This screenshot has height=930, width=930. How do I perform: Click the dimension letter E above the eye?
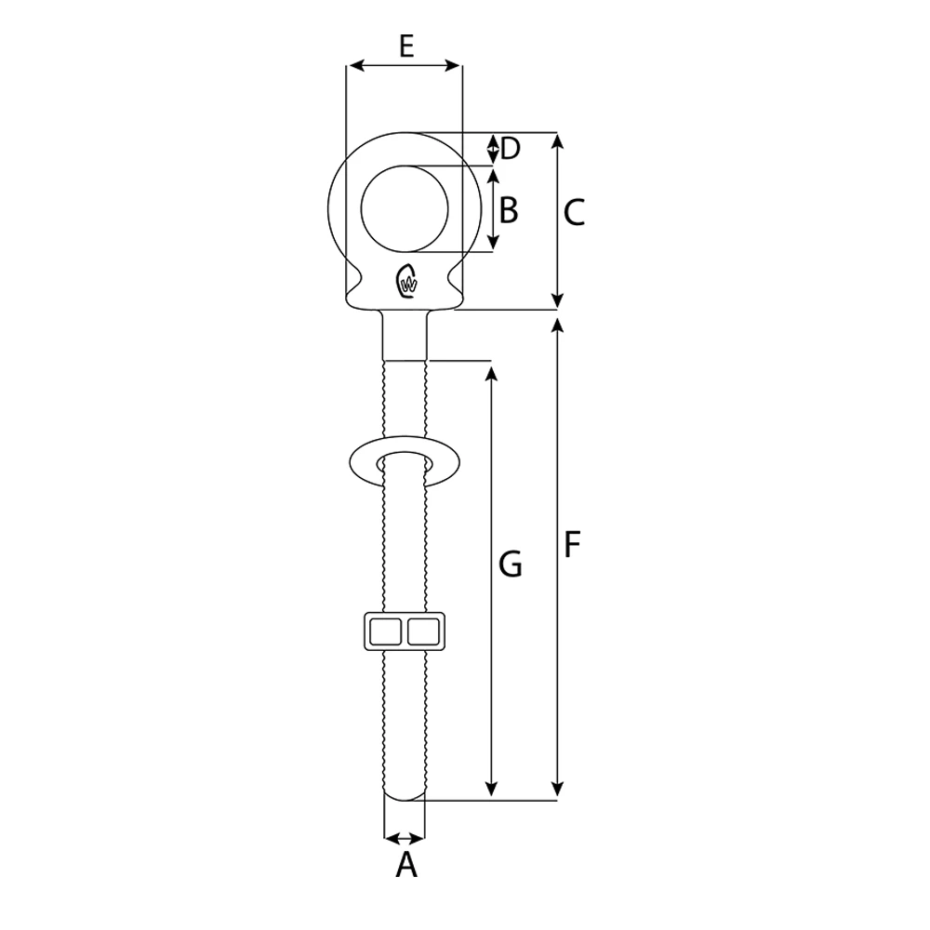pyautogui.click(x=405, y=46)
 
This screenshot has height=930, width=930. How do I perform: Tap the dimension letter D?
pyautogui.click(x=510, y=148)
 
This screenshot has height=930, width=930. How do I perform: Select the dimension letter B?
pyautogui.click(x=508, y=210)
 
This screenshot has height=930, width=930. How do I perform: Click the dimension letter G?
pyautogui.click(x=510, y=564)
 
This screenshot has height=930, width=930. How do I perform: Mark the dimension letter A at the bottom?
pyautogui.click(x=406, y=866)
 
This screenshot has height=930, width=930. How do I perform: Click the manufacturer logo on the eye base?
pyautogui.click(x=406, y=282)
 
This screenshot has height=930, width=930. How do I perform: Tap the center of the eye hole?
pyautogui.click(x=405, y=208)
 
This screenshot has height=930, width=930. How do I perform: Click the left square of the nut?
pyautogui.click(x=385, y=632)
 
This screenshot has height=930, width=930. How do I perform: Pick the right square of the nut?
pyautogui.click(x=425, y=632)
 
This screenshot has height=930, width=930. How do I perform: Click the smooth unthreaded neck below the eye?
pyautogui.click(x=405, y=337)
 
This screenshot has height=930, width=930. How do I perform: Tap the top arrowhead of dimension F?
pyautogui.click(x=558, y=324)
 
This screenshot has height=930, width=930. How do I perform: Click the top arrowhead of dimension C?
pyautogui.click(x=558, y=139)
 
